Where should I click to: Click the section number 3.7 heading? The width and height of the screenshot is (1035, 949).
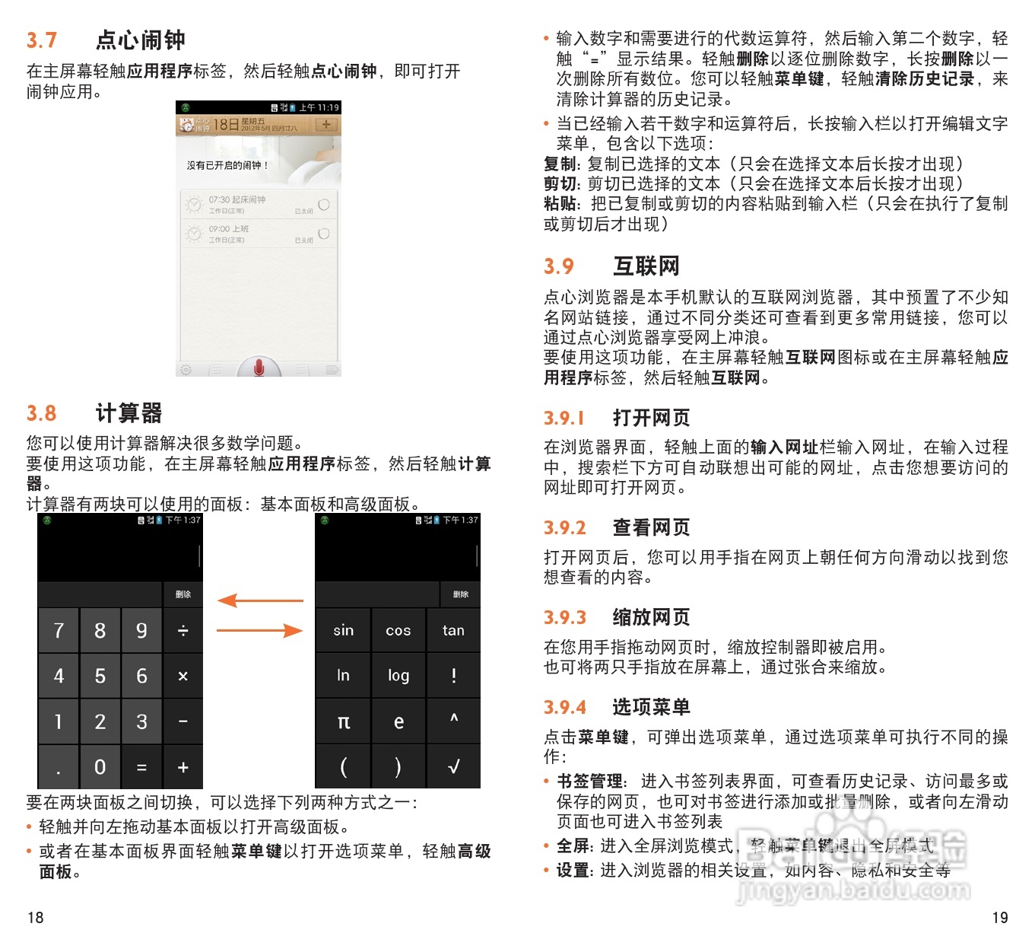[42, 40]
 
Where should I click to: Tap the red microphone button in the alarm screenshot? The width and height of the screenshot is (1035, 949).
[259, 368]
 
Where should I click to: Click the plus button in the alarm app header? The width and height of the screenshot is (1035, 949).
[326, 125]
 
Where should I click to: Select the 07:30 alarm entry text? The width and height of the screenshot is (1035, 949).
[237, 200]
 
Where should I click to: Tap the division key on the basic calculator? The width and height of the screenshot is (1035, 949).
[183, 631]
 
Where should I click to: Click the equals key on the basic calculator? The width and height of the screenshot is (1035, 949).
[141, 768]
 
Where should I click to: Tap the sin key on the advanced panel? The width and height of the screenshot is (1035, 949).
[343, 631]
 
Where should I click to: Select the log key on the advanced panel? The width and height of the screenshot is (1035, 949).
[398, 676]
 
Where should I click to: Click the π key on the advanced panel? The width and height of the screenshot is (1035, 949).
[343, 722]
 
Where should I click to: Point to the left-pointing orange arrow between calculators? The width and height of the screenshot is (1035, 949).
[260, 601]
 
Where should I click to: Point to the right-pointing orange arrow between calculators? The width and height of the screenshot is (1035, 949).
[260, 630]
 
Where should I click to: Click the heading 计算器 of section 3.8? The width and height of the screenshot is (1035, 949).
[129, 413]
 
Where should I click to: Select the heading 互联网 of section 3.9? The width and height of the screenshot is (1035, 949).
[646, 266]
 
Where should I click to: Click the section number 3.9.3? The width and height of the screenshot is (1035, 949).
[565, 617]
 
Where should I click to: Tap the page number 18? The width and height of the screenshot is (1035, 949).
[36, 918]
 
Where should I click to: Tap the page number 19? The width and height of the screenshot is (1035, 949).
[1000, 918]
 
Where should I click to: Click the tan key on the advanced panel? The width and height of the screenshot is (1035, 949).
[453, 631]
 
